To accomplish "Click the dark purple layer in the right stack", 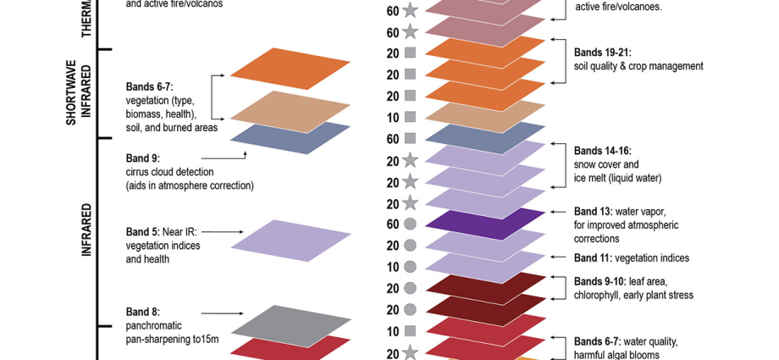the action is (x=485, y=224).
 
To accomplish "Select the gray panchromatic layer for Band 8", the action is (x=290, y=326).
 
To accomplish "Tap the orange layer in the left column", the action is (x=290, y=69).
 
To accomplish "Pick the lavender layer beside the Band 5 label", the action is (x=290, y=241).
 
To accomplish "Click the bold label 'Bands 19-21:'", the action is (x=603, y=53).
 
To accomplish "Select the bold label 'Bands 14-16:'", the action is (x=603, y=151).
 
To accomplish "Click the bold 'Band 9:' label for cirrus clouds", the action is (x=143, y=158).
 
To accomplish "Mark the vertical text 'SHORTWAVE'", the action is (x=72, y=93).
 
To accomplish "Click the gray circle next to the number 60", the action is (x=410, y=224).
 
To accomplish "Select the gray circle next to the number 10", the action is (x=410, y=267).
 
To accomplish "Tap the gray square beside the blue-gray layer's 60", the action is (x=410, y=138).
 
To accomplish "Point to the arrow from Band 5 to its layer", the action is (x=223, y=232).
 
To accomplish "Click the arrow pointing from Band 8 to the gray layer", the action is (x=223, y=313).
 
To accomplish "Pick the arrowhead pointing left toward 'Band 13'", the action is (x=554, y=212).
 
